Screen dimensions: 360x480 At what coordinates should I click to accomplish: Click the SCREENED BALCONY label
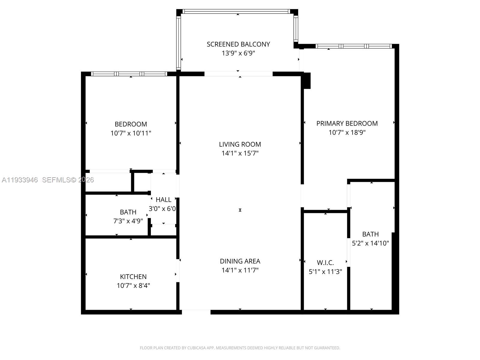point(238,44)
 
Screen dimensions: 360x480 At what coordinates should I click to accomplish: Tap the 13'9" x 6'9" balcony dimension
point(238,53)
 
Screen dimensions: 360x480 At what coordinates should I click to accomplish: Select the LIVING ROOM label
point(240,144)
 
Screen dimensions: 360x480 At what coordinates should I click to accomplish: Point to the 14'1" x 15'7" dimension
point(240,153)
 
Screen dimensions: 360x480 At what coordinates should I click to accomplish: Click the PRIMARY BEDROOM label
point(347,123)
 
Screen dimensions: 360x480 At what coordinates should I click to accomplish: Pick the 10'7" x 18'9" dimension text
point(347,132)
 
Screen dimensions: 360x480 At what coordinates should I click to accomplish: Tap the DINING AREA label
point(240,261)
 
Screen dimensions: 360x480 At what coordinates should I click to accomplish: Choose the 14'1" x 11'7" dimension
point(240,270)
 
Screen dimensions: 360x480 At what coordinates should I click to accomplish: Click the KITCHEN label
point(133,277)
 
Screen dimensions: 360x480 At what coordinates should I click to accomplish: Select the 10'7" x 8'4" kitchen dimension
point(133,286)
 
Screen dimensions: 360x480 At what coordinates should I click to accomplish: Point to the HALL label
point(163,200)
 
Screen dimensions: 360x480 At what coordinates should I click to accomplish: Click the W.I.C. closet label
point(325,263)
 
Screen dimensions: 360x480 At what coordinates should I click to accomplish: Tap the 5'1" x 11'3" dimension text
point(325,272)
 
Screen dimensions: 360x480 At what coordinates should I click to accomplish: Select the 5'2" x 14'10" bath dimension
point(370,243)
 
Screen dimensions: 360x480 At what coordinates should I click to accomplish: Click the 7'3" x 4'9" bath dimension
point(128,221)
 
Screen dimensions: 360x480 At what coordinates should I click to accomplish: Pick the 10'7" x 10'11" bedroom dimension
point(131,133)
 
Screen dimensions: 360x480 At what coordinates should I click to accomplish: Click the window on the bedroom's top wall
point(129,74)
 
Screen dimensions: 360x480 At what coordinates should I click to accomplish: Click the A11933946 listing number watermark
point(20,180)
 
